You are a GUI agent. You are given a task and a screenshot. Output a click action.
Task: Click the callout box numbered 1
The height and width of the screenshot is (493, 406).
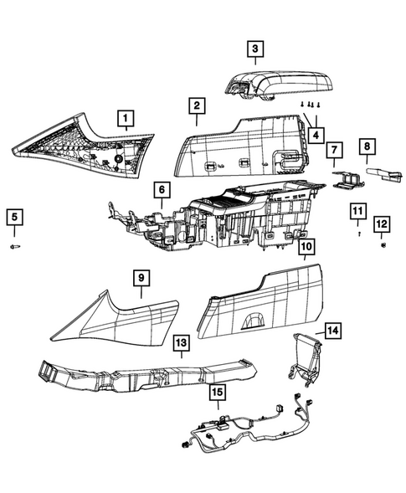coord(125,119)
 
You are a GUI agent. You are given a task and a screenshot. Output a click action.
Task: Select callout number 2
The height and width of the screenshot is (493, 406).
coord(196,106)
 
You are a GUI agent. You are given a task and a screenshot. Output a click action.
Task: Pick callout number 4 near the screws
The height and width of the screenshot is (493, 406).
coord(316,134)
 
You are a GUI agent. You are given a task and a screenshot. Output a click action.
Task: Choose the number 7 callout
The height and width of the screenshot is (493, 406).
coord(333,151)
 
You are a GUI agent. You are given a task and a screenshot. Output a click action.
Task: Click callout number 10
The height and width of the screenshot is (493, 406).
coord(306,247)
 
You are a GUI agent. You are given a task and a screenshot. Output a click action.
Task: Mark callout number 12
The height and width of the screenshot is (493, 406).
coord(382,223)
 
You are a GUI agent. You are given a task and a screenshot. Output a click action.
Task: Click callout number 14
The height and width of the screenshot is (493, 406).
coord(333,331)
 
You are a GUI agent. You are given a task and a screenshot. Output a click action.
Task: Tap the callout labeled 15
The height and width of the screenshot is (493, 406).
coord(217,392)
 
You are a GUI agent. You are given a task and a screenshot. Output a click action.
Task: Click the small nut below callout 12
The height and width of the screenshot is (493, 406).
coord(382,246)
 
